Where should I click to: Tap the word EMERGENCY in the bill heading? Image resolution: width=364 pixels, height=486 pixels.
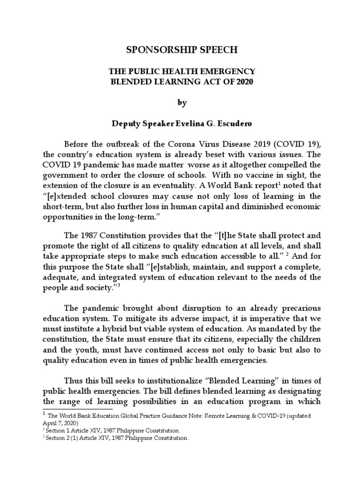[x=228, y=71]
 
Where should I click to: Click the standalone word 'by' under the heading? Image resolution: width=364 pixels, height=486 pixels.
[x=182, y=102]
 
